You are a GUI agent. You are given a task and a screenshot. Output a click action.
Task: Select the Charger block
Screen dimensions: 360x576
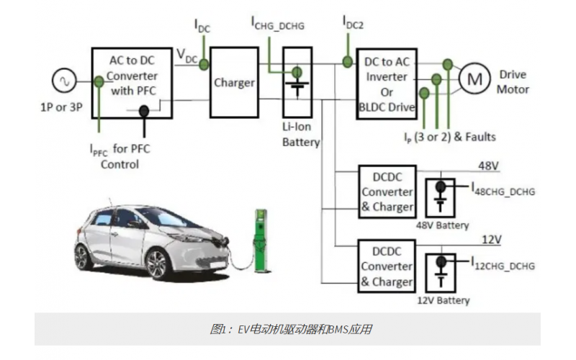tap(234, 83)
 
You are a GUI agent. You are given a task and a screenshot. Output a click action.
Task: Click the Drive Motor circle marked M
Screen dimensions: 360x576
tap(473, 78)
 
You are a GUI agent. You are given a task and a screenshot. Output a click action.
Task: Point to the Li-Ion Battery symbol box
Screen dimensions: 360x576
tap(297, 85)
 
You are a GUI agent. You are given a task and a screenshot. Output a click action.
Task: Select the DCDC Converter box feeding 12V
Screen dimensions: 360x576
tap(387, 267)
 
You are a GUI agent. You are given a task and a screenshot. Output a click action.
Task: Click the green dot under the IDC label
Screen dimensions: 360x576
tap(204, 65)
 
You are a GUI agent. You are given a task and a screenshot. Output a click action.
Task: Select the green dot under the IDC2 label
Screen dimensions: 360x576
tap(347, 63)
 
